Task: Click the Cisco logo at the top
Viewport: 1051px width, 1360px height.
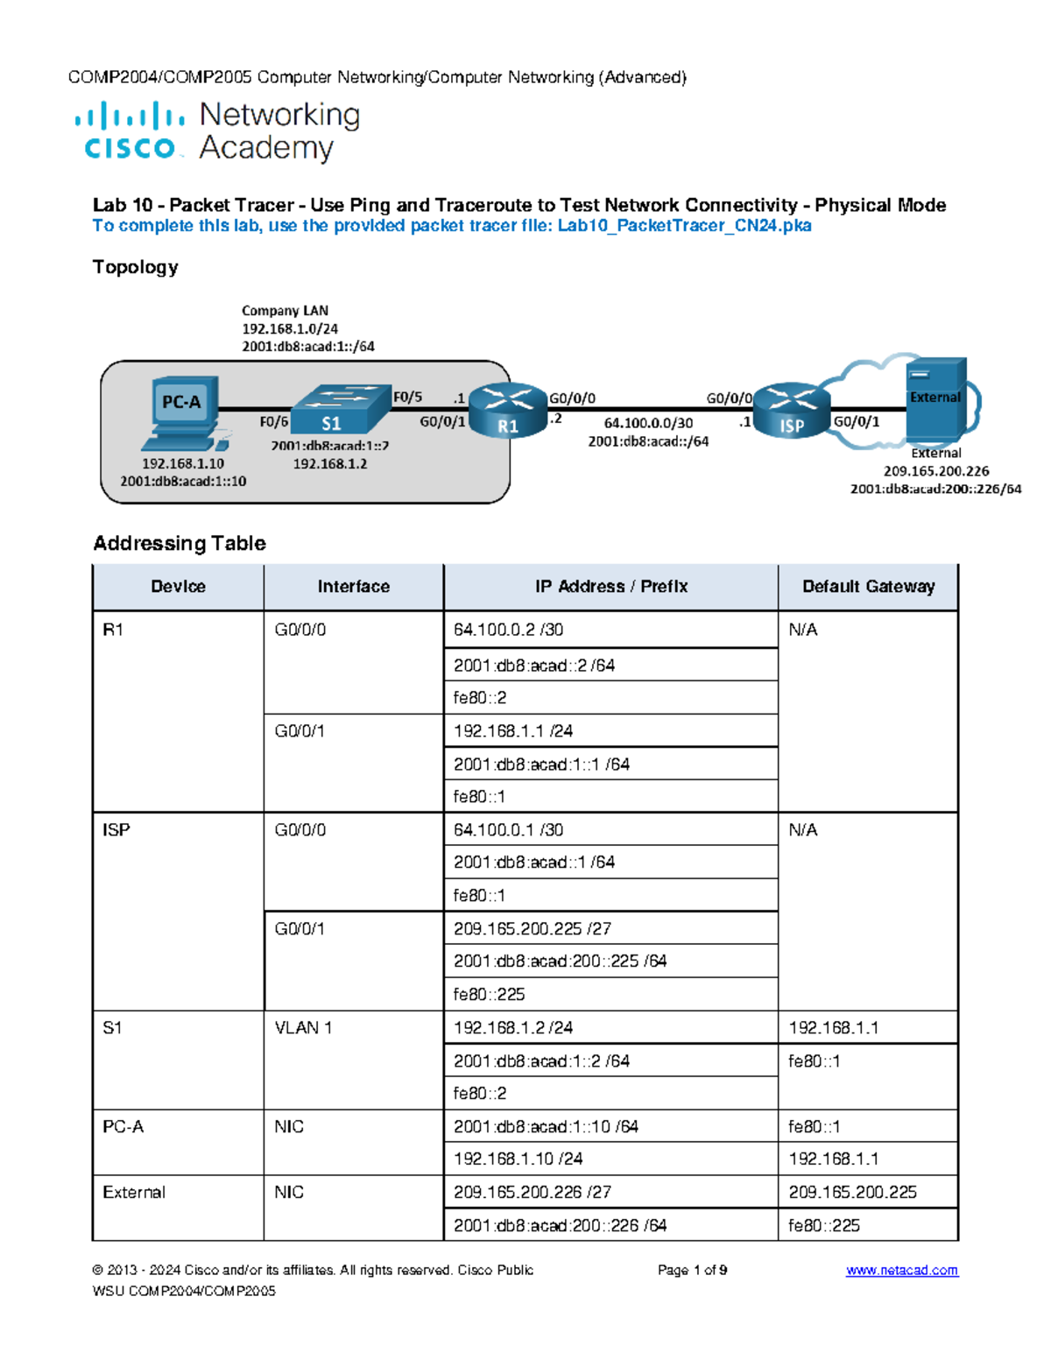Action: [x=130, y=130]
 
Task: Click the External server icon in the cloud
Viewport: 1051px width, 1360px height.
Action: [x=935, y=400]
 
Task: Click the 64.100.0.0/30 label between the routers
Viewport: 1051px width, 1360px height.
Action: [x=648, y=423]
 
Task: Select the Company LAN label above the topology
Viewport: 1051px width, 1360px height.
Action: [x=285, y=310]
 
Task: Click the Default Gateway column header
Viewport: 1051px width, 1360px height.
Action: [x=868, y=587]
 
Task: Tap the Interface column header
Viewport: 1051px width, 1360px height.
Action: [x=353, y=587]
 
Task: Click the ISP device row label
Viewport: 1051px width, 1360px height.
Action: [x=116, y=829]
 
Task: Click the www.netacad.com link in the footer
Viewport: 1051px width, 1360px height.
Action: [x=901, y=1270]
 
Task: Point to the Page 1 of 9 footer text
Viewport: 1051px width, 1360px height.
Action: [x=692, y=1270]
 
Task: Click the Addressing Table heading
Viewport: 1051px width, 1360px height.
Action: [x=180, y=543]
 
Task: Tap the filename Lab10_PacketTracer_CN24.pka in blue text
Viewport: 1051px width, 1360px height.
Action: [x=684, y=226]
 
